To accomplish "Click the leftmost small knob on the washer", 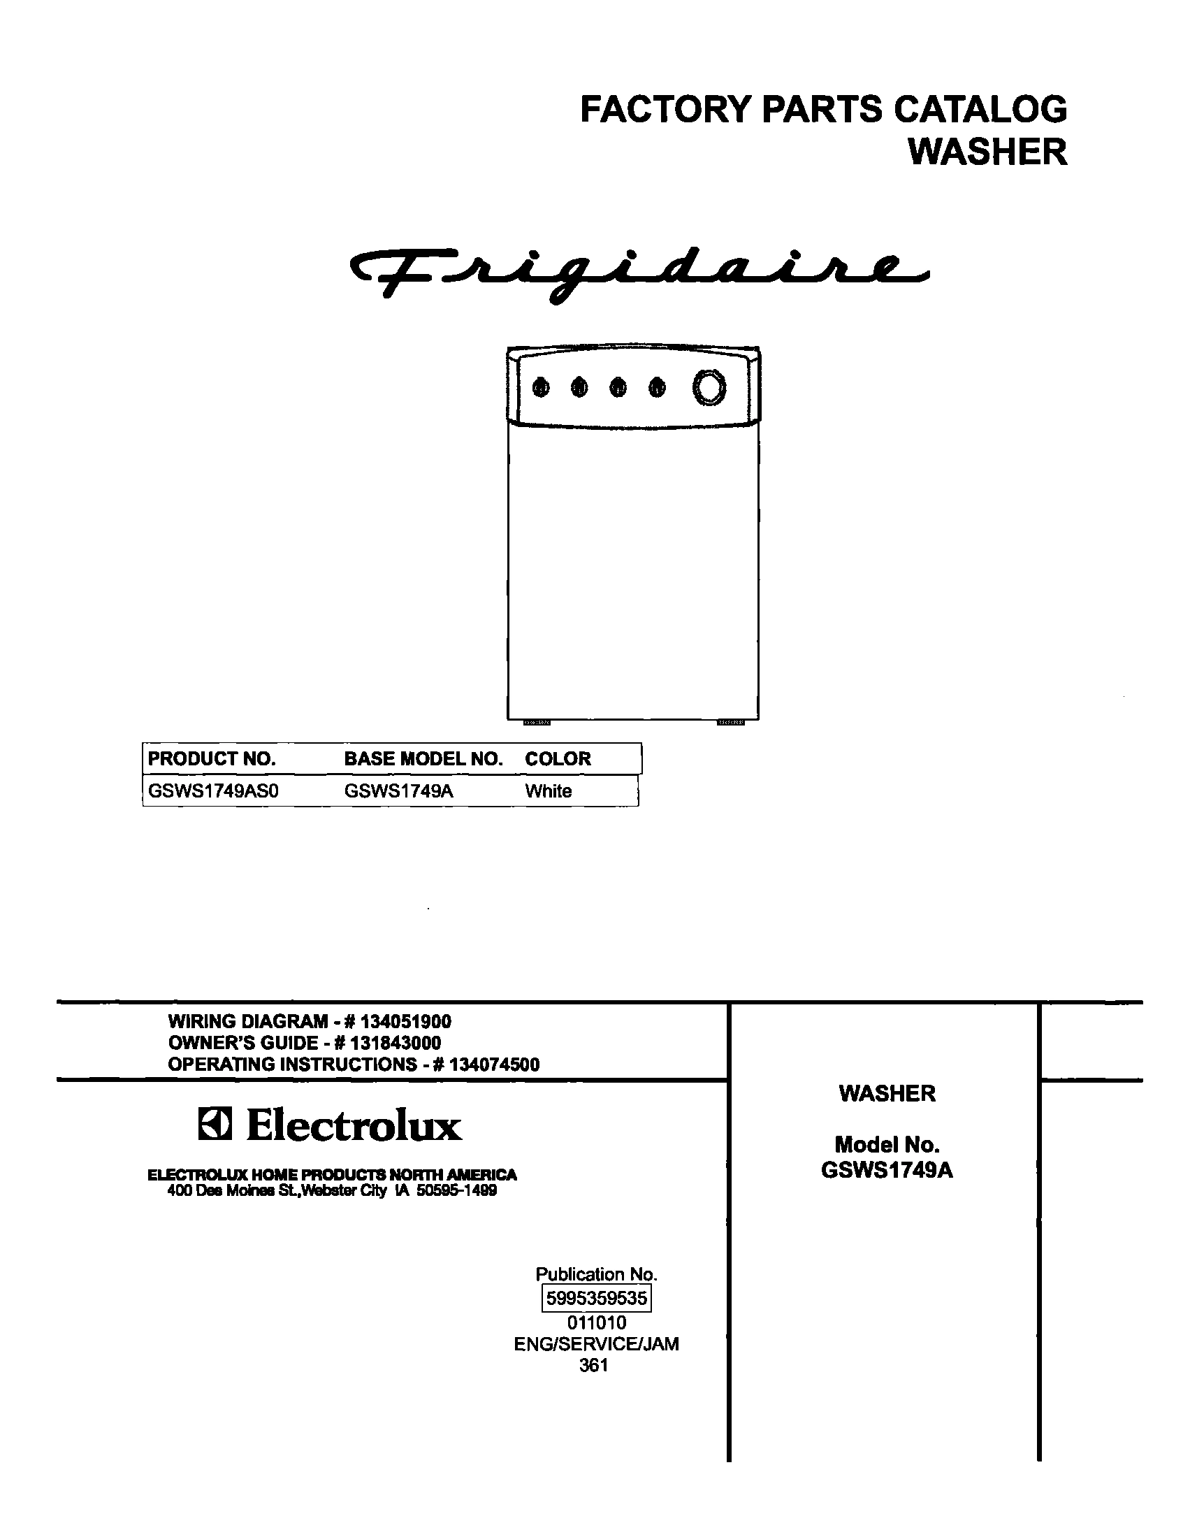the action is [x=540, y=387].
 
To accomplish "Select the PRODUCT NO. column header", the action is [x=212, y=758].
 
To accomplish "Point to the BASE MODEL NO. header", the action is [x=423, y=758].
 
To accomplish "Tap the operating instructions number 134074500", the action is [x=494, y=1064].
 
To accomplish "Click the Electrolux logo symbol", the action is [x=213, y=1126].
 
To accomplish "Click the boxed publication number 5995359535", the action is [x=596, y=1298].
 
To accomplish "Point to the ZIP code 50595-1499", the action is [x=456, y=1191].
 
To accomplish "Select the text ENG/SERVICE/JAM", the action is [x=596, y=1343].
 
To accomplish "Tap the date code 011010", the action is [x=596, y=1322].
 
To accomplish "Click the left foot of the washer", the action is [x=537, y=721].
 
